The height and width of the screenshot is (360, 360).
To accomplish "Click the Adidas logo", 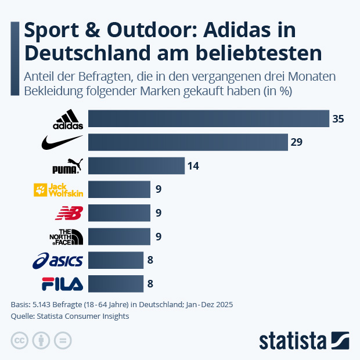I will coord(68,119).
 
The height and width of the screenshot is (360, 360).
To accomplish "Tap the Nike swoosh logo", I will coord(63,142).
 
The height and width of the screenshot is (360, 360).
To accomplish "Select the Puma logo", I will coord(69,166).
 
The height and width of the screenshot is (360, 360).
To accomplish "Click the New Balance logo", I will coord(69,213).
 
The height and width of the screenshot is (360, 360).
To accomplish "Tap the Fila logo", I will coord(62,284).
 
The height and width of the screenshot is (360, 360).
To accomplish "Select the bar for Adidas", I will coord(208,118).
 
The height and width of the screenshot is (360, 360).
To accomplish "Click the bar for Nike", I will coord(188,142).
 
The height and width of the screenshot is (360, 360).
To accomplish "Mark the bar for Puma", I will coord(136,166).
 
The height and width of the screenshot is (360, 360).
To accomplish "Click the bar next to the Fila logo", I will coord(115,284).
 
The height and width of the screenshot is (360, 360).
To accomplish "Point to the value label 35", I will coord(338,119).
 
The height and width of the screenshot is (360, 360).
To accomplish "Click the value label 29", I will coord(297,142).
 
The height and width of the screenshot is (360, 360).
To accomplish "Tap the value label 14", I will coord(193,166).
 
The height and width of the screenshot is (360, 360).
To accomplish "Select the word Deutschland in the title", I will coord(86,53).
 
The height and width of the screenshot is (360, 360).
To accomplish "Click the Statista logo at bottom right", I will coord(304,340).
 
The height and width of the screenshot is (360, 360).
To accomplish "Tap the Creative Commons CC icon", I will coord(20,340).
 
